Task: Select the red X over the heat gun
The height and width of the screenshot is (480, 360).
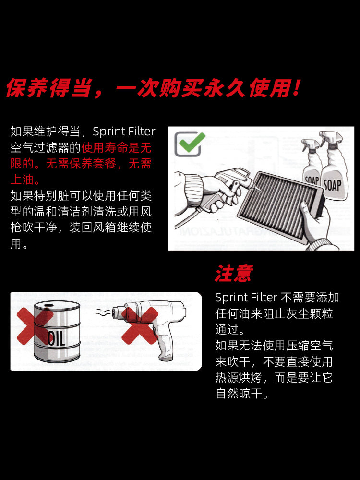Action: [x=140, y=326]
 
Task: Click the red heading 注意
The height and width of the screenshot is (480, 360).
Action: [x=233, y=274]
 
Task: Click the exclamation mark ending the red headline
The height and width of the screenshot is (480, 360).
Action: [x=296, y=89]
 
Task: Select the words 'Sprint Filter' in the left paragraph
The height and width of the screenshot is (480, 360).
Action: [x=124, y=132]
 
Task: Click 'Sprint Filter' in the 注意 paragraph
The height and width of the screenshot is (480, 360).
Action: [x=246, y=298]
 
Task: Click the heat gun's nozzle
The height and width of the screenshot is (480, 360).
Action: [x=118, y=312]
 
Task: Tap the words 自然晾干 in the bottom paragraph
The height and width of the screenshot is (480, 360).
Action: [x=242, y=394]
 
